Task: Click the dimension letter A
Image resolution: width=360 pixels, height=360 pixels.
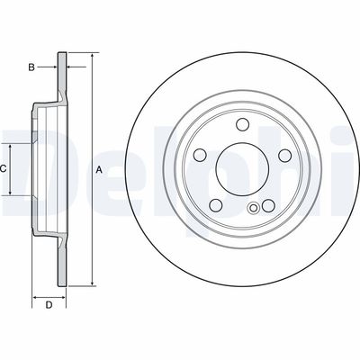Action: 99,170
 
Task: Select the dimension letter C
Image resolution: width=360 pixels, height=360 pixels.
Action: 4,169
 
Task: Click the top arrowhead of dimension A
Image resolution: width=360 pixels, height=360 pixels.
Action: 91,56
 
